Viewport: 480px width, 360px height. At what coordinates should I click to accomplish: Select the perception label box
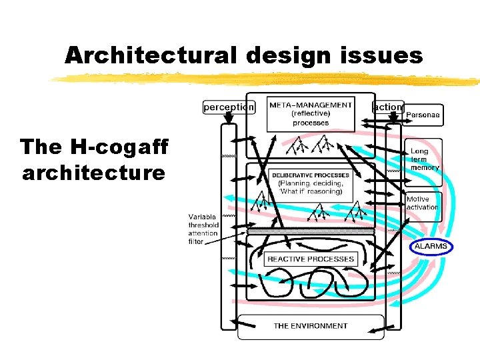(x=229, y=107)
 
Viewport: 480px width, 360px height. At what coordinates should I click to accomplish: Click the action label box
(x=387, y=107)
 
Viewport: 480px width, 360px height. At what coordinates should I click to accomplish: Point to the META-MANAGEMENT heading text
(x=310, y=105)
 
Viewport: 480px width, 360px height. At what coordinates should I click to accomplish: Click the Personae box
(x=423, y=115)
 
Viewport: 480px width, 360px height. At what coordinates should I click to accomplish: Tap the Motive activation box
(x=423, y=203)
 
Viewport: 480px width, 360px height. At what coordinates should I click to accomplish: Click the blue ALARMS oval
(x=431, y=247)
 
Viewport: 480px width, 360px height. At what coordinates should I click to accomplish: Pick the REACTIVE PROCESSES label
(x=311, y=259)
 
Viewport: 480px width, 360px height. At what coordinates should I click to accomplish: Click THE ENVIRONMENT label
(x=311, y=326)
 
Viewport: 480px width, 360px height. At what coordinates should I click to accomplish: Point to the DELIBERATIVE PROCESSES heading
(x=311, y=175)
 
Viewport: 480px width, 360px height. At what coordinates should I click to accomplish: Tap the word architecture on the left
(x=93, y=173)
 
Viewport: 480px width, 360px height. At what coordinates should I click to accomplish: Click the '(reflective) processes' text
(x=310, y=118)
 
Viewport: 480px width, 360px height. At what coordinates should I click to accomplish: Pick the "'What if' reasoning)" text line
(x=311, y=191)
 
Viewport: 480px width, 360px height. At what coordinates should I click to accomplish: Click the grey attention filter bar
(x=311, y=231)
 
